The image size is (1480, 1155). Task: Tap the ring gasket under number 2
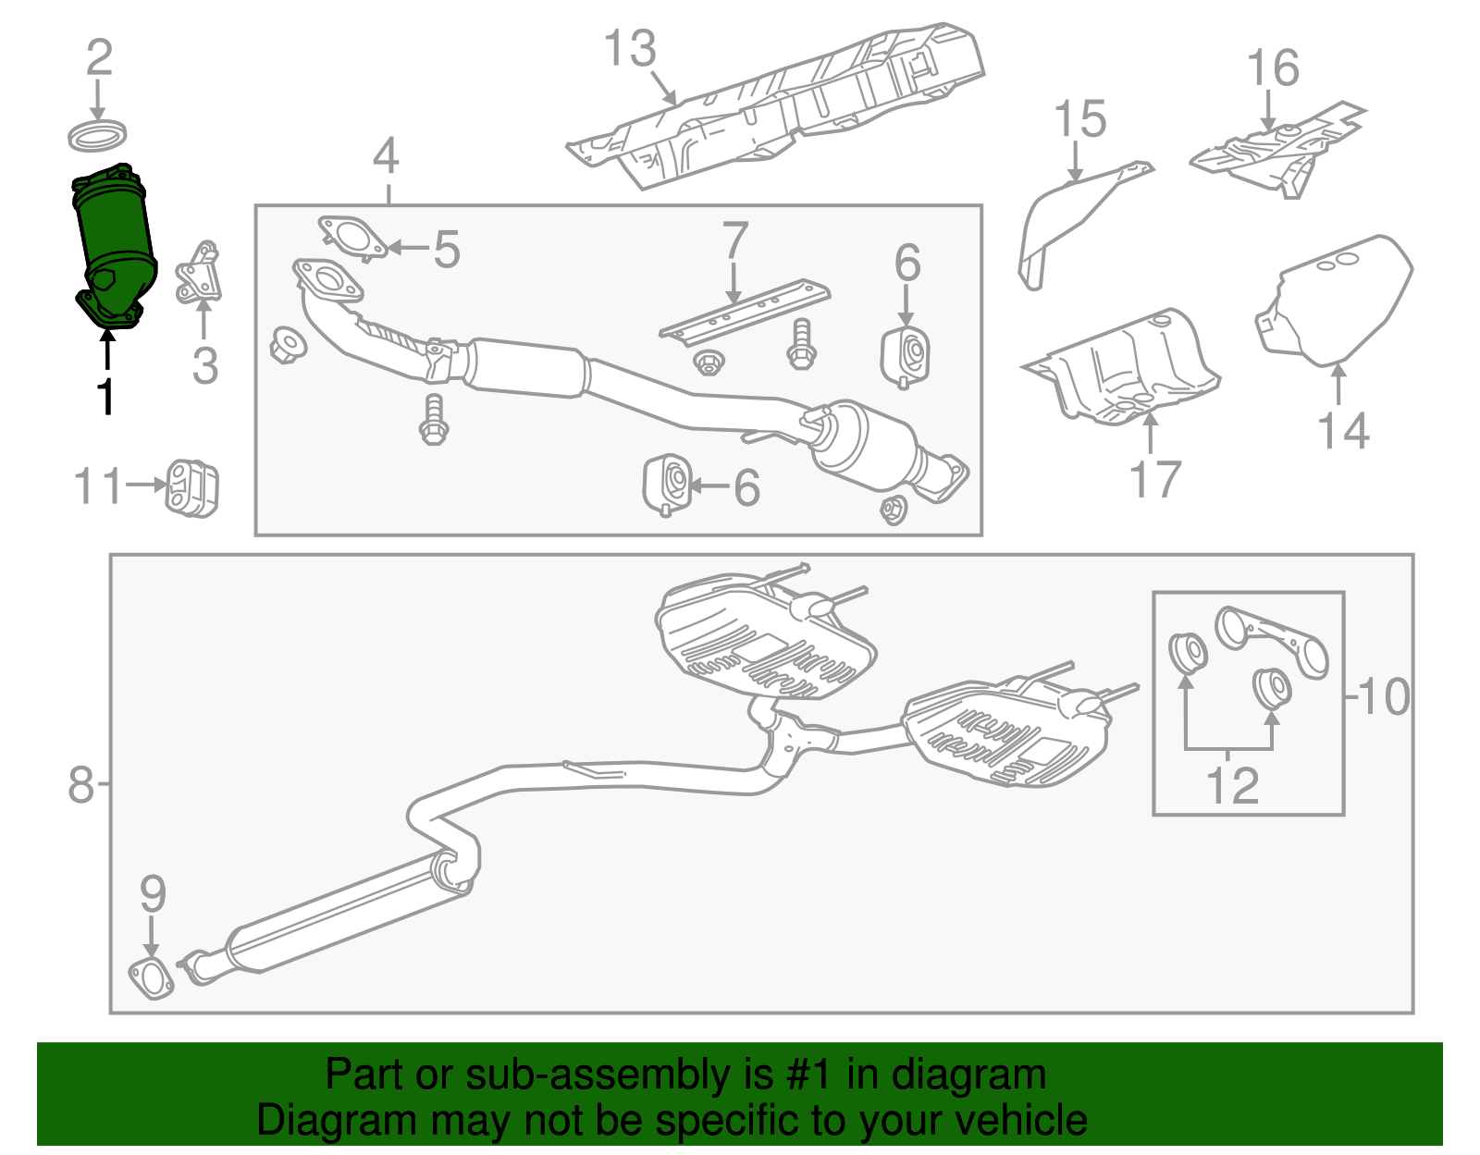(x=97, y=136)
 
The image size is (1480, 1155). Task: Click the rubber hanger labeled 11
(x=191, y=487)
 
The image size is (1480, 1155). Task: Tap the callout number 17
(x=1155, y=479)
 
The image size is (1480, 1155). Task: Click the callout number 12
(x=1232, y=786)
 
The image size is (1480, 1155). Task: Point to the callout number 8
(x=81, y=785)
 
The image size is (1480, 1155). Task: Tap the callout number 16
(x=1273, y=68)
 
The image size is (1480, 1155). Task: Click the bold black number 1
(x=106, y=396)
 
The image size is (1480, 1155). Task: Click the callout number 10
(x=1384, y=696)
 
